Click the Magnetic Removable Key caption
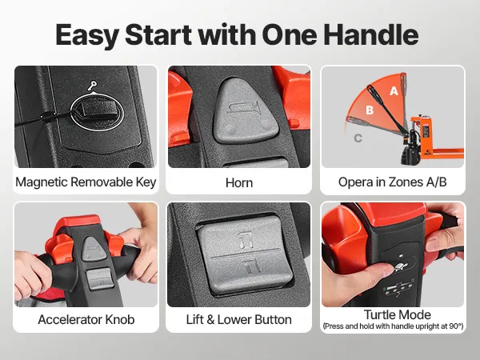(x=86, y=182)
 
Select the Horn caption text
(x=239, y=182)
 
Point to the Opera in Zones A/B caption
(x=393, y=182)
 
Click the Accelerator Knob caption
(x=86, y=319)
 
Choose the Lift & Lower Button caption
(x=238, y=319)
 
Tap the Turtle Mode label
(x=397, y=314)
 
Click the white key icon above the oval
(x=92, y=86)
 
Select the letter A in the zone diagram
(x=394, y=90)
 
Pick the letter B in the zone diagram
(x=370, y=110)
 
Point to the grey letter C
(x=358, y=138)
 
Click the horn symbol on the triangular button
(x=244, y=108)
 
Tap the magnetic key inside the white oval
(x=98, y=109)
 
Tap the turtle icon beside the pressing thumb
(x=398, y=267)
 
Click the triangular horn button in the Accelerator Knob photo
(x=95, y=248)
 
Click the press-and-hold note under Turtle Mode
(x=393, y=326)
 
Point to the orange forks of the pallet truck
(x=446, y=151)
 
